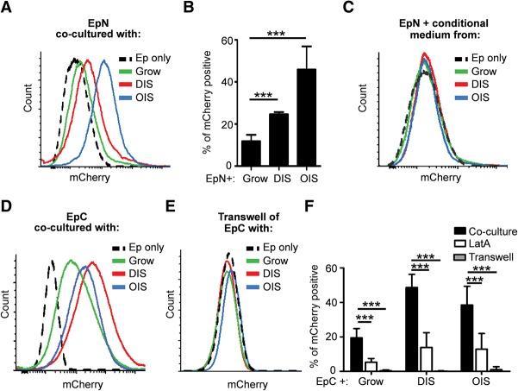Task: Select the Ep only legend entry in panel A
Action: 146,60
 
